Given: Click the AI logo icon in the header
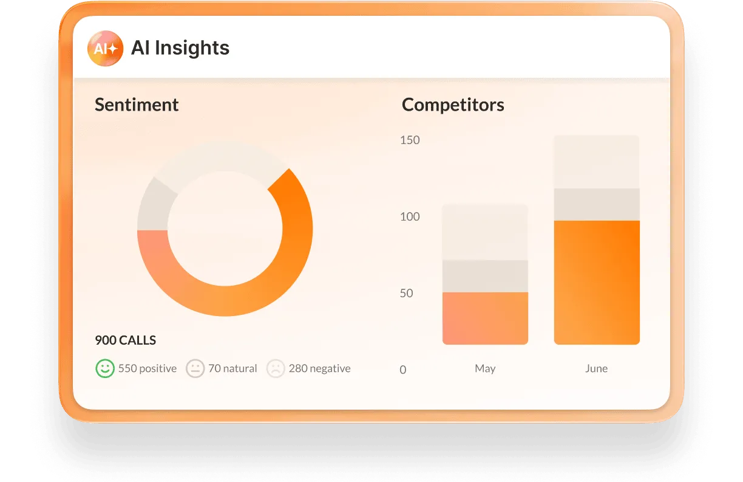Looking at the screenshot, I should click(105, 48).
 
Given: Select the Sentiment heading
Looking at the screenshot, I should click(137, 105).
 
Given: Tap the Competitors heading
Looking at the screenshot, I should click(453, 105).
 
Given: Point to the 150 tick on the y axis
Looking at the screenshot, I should click(410, 140).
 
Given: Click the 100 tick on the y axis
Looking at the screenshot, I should click(410, 216).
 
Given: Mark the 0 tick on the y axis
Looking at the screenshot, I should click(403, 370).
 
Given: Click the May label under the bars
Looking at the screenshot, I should click(485, 368).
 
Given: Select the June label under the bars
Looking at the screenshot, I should click(596, 368).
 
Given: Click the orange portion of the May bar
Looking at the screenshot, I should click(485, 318).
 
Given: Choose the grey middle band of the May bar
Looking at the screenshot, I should click(485, 277).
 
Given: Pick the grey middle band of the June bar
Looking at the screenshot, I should click(596, 205).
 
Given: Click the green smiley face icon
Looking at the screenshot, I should click(105, 368).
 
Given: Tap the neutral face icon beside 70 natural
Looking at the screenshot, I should click(195, 368).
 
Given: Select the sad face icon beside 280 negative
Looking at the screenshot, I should click(276, 368).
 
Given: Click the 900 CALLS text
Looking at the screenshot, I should click(126, 340).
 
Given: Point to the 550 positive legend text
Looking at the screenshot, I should click(148, 368).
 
